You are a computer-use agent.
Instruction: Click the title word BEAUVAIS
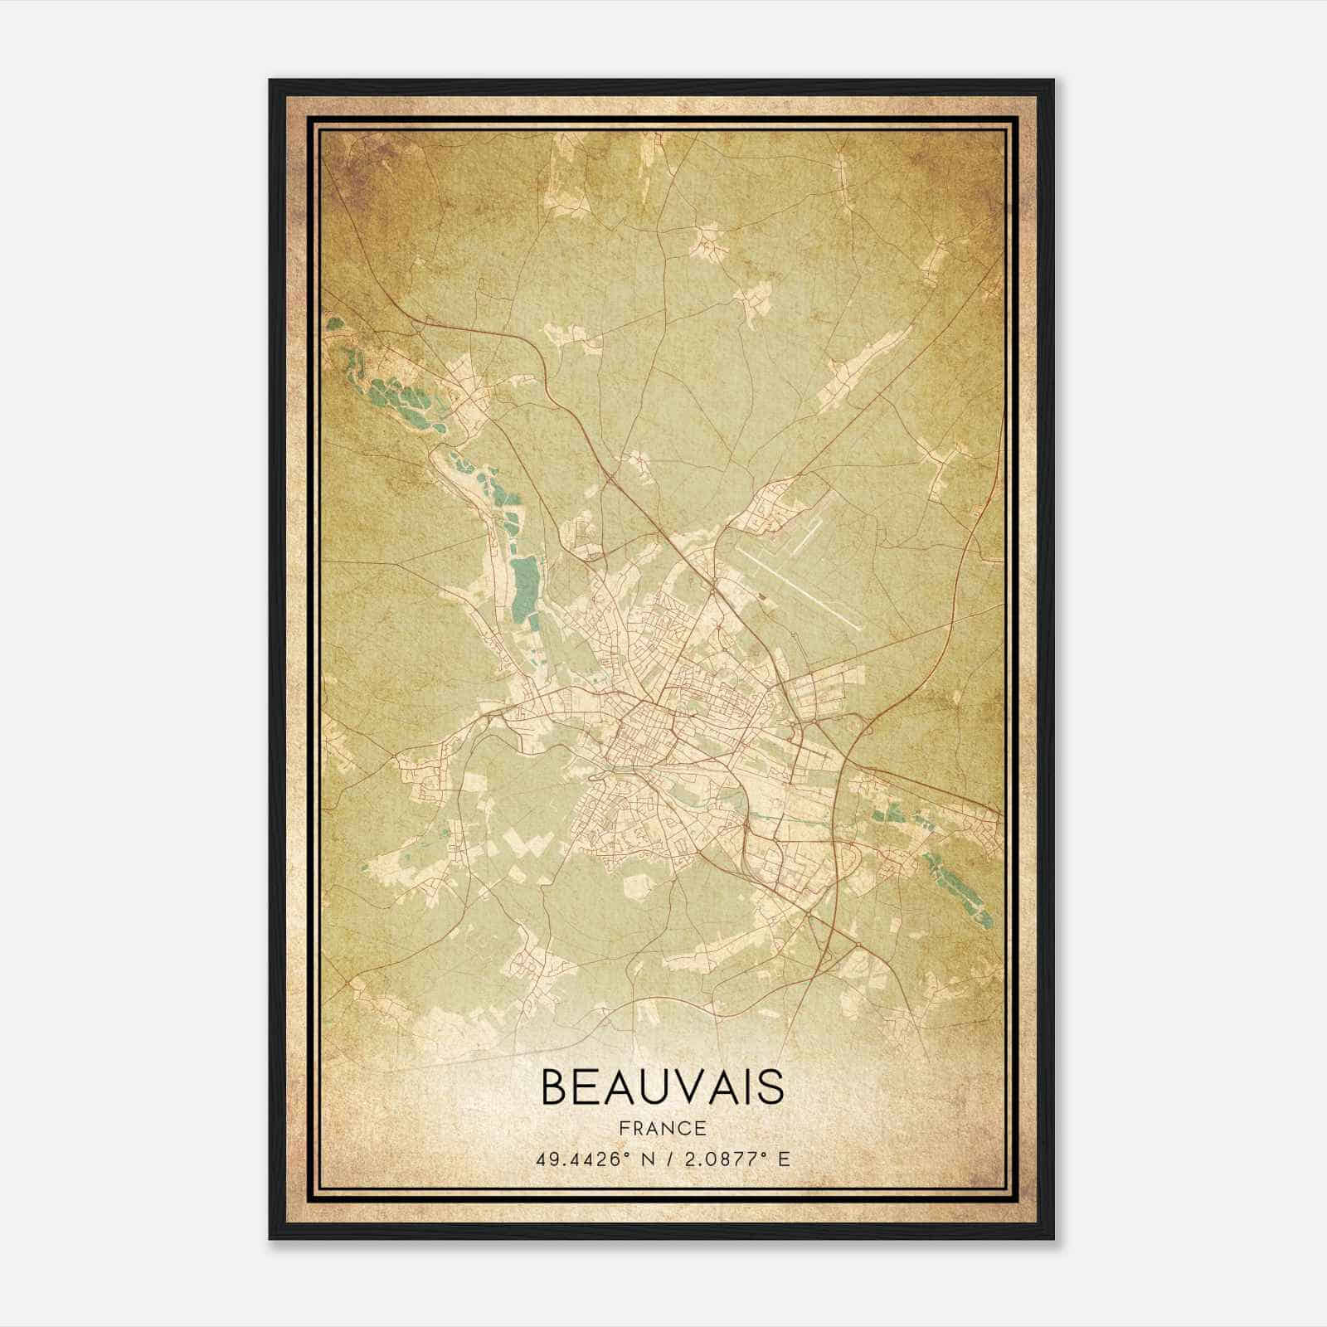[x=663, y=1086]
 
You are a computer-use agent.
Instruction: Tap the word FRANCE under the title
[x=662, y=1128]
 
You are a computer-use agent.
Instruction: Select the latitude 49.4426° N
[x=590, y=1159]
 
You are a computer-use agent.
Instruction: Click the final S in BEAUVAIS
[x=771, y=1086]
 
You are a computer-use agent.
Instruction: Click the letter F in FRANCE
[x=624, y=1128]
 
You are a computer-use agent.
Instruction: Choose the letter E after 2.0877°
[x=784, y=1159]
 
